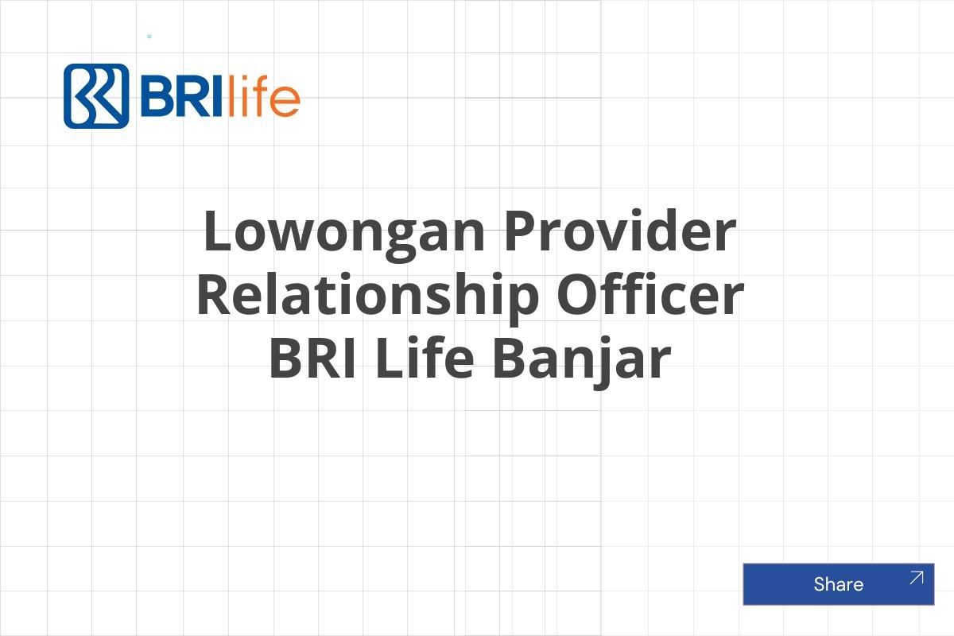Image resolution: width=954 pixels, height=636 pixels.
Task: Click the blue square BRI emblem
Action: point(96,96)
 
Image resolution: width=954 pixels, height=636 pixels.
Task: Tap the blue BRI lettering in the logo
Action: point(179,97)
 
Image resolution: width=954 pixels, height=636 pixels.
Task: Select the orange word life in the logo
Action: point(263,97)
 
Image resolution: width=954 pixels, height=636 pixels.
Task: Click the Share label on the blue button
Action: point(838,584)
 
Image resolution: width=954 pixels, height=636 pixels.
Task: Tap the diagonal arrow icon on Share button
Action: point(916,578)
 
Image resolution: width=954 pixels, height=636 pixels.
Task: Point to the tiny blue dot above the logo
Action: point(149,37)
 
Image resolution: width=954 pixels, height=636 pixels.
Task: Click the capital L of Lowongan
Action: point(217,231)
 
